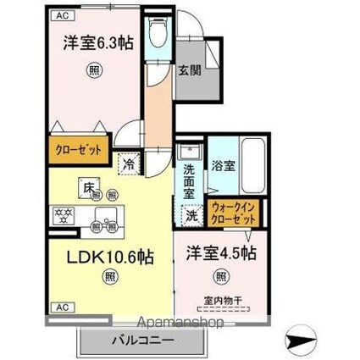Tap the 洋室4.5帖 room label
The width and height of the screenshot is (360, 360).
click(x=221, y=252)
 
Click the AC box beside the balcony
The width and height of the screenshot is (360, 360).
click(x=62, y=307)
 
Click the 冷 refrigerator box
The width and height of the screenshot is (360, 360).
click(x=128, y=164)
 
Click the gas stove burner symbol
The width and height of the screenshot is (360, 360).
click(x=64, y=214)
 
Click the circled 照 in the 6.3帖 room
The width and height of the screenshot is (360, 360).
click(x=92, y=71)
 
